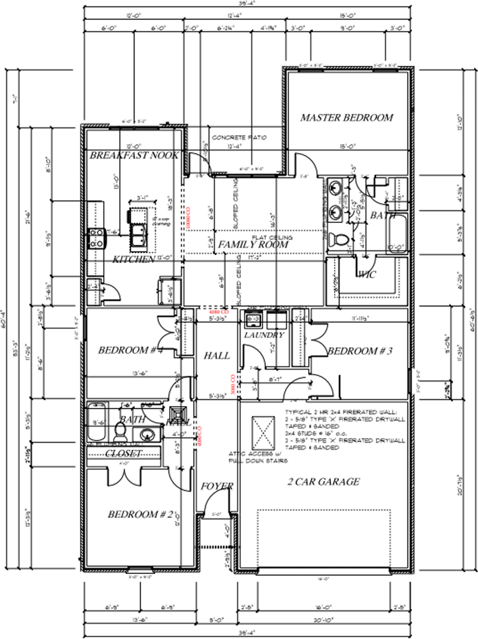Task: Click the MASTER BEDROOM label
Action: (346, 118)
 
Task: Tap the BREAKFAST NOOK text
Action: (134, 155)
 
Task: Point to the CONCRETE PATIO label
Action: (239, 137)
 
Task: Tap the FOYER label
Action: (217, 487)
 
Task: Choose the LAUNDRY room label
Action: (264, 335)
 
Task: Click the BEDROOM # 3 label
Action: (360, 351)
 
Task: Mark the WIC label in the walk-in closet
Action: (367, 274)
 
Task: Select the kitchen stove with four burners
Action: (95, 238)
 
